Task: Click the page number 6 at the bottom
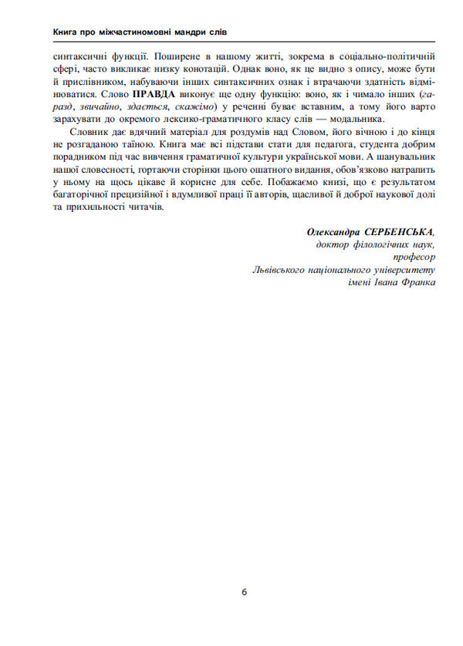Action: tap(244, 593)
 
